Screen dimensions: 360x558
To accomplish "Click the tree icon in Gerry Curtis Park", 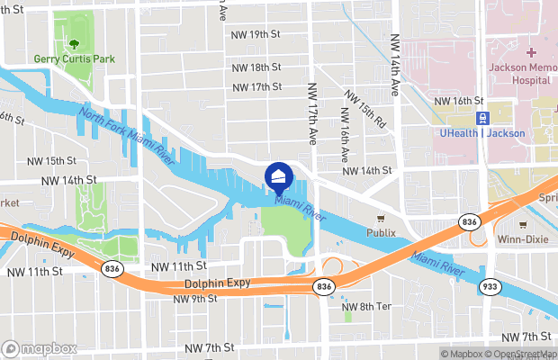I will tap(71, 42).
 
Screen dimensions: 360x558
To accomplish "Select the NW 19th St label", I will tap(256, 34).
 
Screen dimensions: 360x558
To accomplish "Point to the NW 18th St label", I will tap(256, 67).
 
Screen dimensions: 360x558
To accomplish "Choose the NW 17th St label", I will tap(256, 87).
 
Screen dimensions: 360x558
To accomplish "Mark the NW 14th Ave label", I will tap(395, 66).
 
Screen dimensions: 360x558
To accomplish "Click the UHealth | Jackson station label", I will tap(482, 133).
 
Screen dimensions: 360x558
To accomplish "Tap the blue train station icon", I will tap(482, 117).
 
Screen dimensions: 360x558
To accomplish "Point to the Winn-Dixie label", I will tap(522, 238).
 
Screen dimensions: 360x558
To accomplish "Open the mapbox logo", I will tap(39, 348).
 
